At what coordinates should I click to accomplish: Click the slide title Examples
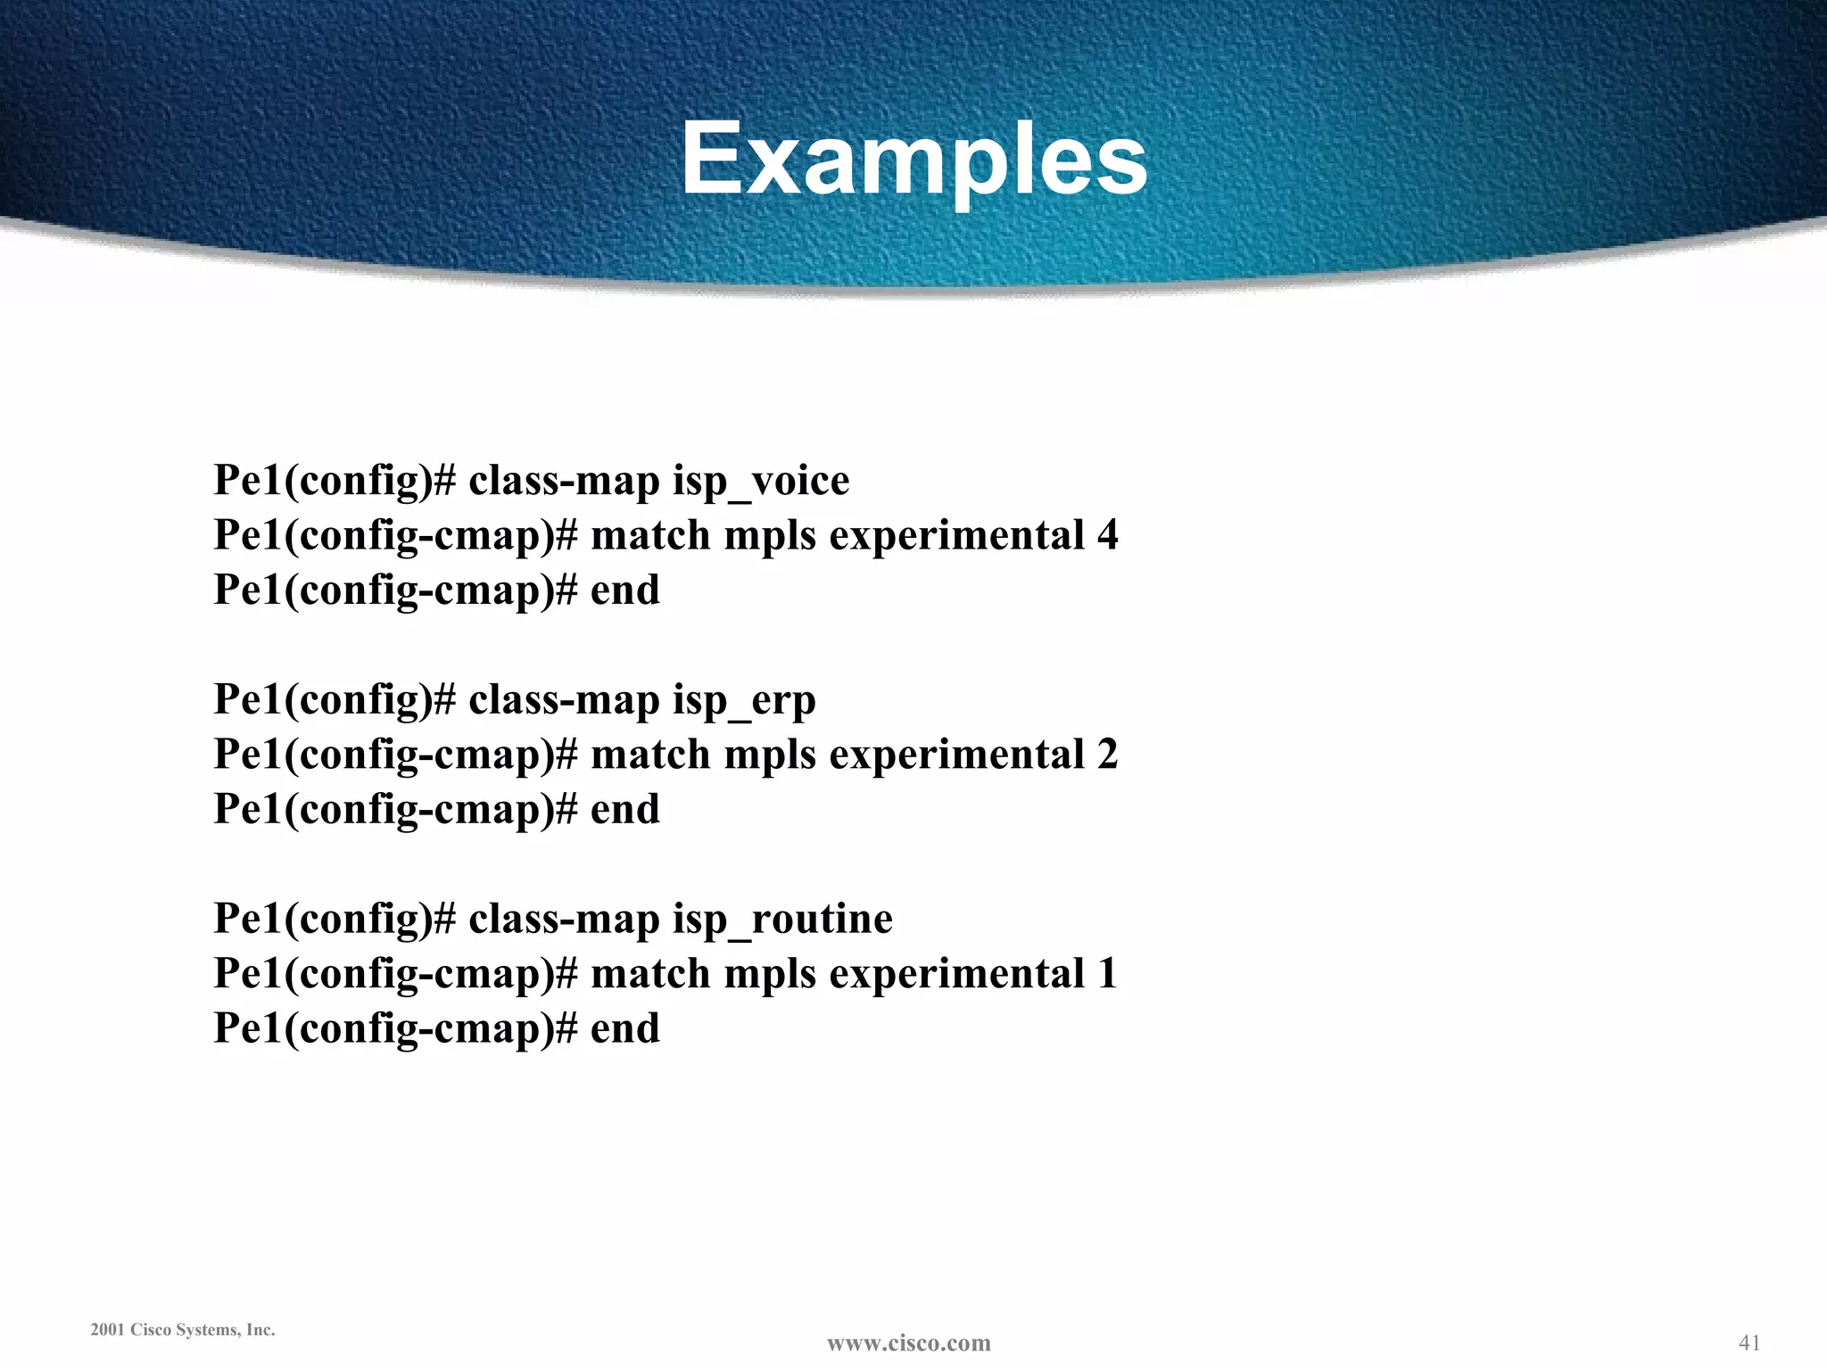tap(914, 159)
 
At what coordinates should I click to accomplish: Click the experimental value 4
tap(1107, 535)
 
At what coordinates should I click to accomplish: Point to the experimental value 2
tap(1107, 755)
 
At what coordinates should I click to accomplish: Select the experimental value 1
tap(1107, 973)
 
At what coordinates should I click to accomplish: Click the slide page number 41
tap(1749, 1342)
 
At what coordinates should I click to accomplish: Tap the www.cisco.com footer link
tap(909, 1343)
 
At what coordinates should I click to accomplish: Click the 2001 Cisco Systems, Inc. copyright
tap(183, 1330)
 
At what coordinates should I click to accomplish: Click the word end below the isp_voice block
tap(625, 590)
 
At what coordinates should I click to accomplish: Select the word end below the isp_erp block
tap(625, 810)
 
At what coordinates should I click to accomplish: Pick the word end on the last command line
tap(625, 1028)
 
